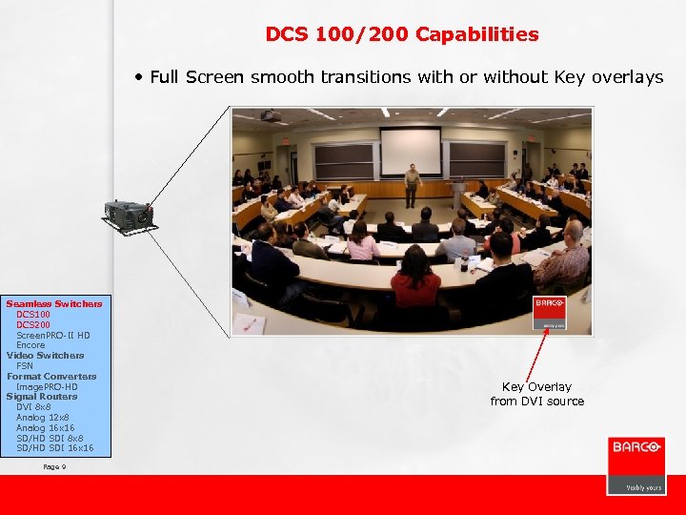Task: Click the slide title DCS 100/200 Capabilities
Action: click(401, 35)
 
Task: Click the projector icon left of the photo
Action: click(130, 215)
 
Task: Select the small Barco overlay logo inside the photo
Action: click(550, 310)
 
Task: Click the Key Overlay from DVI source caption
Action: click(536, 394)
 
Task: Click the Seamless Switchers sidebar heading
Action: click(54, 303)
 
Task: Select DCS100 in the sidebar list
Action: click(33, 314)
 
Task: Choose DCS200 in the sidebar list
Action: click(33, 324)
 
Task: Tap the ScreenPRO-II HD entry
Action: click(53, 335)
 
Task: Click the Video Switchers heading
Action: click(46, 356)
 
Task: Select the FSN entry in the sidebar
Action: click(25, 365)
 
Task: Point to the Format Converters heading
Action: click(51, 376)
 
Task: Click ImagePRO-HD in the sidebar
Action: click(47, 386)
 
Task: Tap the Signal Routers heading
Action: click(42, 397)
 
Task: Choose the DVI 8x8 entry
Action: click(33, 407)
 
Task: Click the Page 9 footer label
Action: click(54, 466)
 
